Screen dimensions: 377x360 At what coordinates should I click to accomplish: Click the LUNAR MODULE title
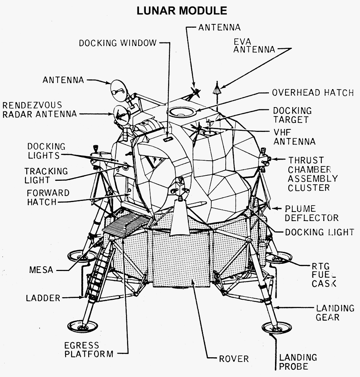coord(181,11)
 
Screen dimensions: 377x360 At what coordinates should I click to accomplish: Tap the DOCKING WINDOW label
coord(118,43)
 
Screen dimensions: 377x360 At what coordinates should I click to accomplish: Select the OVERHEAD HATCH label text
coord(312,93)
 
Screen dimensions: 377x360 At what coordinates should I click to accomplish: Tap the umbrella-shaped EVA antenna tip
coord(216,88)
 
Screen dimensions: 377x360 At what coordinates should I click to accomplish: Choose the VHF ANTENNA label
coord(294,137)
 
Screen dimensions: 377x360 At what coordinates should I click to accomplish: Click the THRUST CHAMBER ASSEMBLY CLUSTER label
coord(312,174)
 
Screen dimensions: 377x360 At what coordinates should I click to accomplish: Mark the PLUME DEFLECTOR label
coord(311,213)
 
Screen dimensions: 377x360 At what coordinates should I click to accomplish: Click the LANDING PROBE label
coord(298,362)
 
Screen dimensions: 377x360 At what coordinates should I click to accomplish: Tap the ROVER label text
coord(234,359)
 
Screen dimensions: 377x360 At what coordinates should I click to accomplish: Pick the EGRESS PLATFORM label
coord(89,350)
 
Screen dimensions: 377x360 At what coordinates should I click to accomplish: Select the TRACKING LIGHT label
coord(46,175)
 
